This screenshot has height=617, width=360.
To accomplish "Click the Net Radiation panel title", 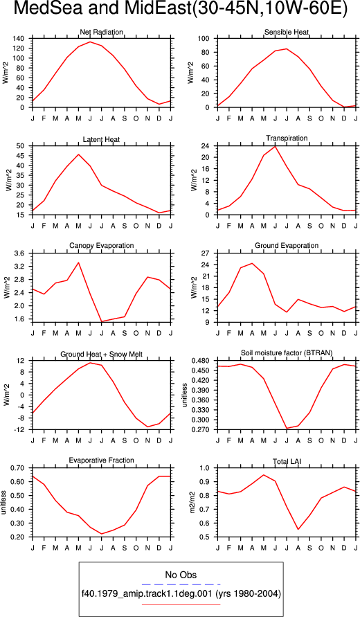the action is pyautogui.click(x=102, y=31).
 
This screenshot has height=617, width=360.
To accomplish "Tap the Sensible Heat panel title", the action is pyautogui.click(x=287, y=32).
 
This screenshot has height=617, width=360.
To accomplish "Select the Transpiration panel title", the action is pyautogui.click(x=287, y=138).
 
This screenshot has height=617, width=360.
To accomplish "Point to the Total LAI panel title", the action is pyautogui.click(x=287, y=460).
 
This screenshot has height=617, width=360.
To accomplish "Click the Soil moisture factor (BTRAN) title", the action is pyautogui.click(x=287, y=353).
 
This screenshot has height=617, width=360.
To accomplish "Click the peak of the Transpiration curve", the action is pyautogui.click(x=275, y=146).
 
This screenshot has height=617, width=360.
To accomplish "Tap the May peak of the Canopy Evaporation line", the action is pyautogui.click(x=78, y=262).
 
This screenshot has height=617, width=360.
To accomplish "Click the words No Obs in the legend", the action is pyautogui.click(x=181, y=575).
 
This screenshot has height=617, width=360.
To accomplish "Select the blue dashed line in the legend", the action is pyautogui.click(x=181, y=584).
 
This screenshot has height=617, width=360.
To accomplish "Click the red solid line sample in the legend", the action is pyautogui.click(x=181, y=604).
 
